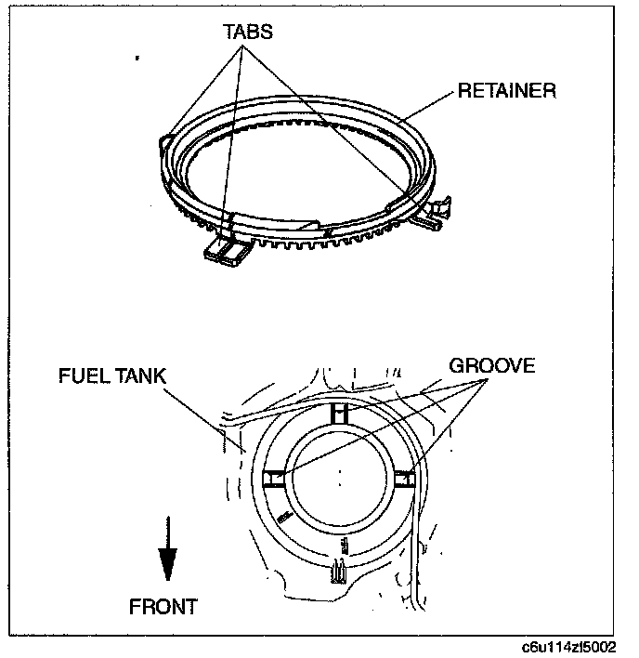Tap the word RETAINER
[506, 91]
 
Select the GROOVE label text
[492, 365]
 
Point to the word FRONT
[163, 607]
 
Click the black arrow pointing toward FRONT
[167, 562]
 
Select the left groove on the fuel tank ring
[273, 478]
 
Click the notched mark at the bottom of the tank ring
[339, 574]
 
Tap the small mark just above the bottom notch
[345, 541]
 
